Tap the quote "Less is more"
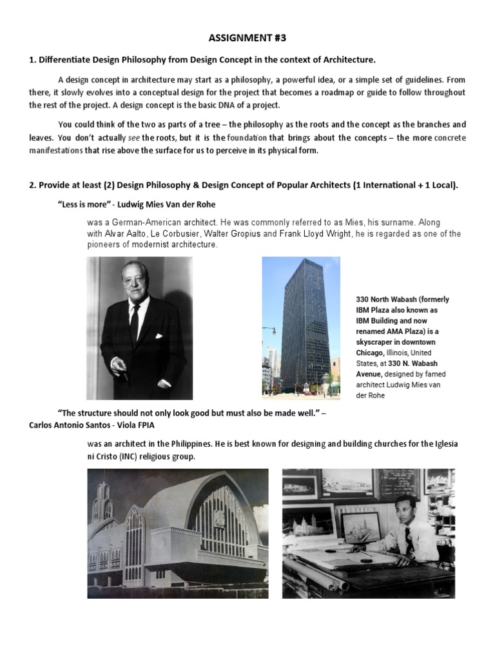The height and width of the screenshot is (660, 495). coord(80,205)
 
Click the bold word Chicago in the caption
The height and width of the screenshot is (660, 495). coord(370,353)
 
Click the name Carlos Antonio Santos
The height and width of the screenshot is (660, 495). coord(69,425)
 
